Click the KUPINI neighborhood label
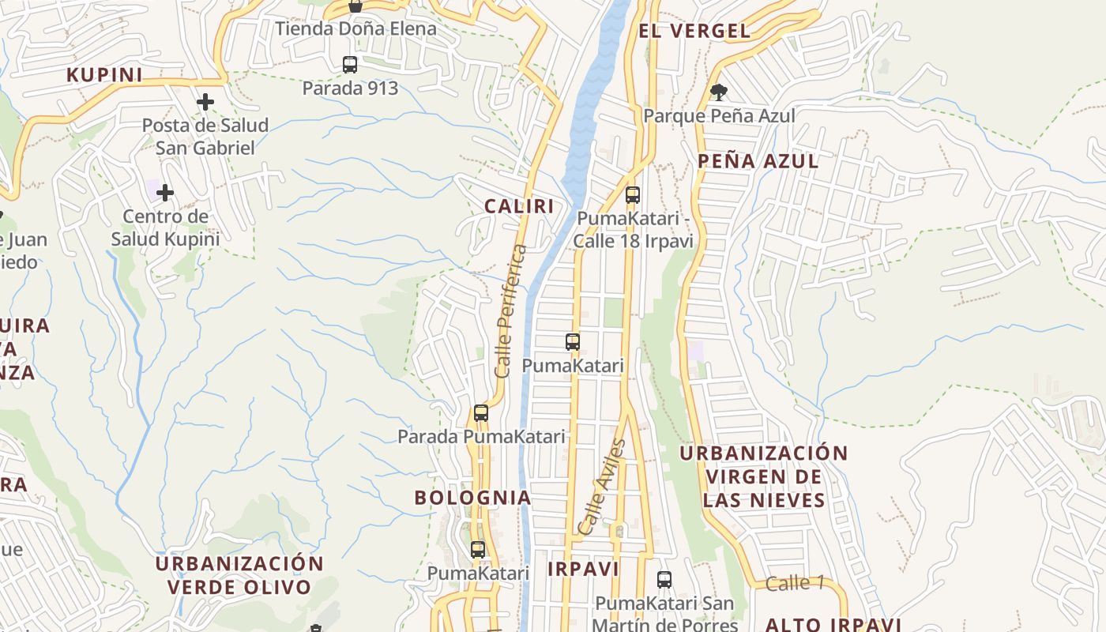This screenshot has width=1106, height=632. [x=104, y=75]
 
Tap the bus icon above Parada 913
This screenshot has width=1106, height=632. [x=350, y=65]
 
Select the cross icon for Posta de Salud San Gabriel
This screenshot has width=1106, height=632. [x=205, y=102]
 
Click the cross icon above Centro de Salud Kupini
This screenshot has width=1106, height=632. [x=165, y=193]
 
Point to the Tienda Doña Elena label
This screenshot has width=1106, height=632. [x=355, y=29]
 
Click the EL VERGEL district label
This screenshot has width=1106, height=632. [x=694, y=31]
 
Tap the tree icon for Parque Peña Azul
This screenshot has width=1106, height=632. [x=718, y=92]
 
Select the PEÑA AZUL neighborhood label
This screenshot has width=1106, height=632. [x=758, y=161]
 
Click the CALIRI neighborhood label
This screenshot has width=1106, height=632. [x=518, y=206]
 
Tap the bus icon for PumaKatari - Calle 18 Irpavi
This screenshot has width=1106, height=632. [x=632, y=195]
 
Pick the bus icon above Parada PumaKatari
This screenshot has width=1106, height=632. [x=480, y=413]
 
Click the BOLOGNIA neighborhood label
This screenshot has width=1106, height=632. [x=472, y=498]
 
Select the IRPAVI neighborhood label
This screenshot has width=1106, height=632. [x=583, y=569]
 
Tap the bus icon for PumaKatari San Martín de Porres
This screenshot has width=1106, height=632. [x=664, y=580]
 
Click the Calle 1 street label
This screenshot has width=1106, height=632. [x=795, y=584]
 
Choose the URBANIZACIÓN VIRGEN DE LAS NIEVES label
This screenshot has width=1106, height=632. [x=763, y=476]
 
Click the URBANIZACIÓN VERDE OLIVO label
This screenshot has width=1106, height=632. [x=239, y=575]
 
